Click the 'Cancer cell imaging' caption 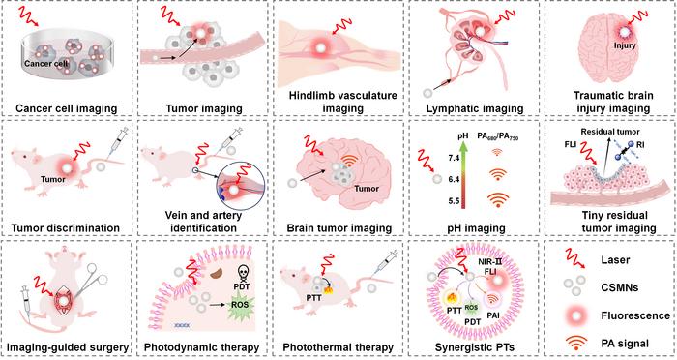(x=68, y=107)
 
